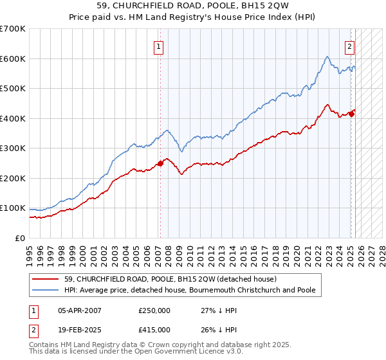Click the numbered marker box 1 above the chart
tap(158, 46)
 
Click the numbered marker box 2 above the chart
tap(349, 46)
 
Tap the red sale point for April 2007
tap(160, 163)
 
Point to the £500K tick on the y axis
tap(13, 89)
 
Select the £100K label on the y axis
tap(13, 208)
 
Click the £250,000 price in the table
tap(154, 310)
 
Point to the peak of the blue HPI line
tap(327, 57)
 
